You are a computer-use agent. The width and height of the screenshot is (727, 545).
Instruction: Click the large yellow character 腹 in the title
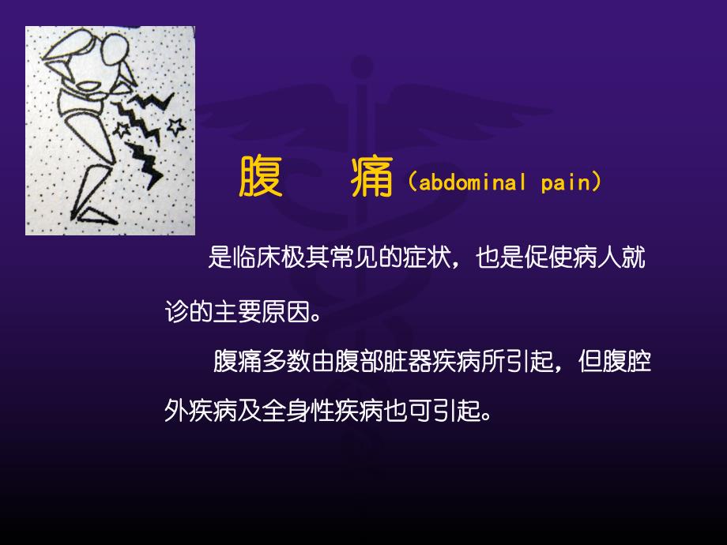click(x=261, y=176)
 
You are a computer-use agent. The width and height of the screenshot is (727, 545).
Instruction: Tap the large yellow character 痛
click(x=372, y=176)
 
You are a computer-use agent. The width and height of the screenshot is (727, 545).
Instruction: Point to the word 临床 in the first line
click(x=258, y=258)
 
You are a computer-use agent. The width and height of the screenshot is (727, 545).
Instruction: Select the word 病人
click(x=601, y=258)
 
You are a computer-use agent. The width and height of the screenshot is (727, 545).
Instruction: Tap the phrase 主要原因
click(x=252, y=312)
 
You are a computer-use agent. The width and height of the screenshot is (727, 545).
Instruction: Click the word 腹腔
click(x=631, y=363)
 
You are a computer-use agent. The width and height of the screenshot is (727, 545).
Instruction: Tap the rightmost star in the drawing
click(x=175, y=125)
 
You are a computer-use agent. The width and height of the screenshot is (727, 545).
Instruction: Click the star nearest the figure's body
click(x=122, y=129)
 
